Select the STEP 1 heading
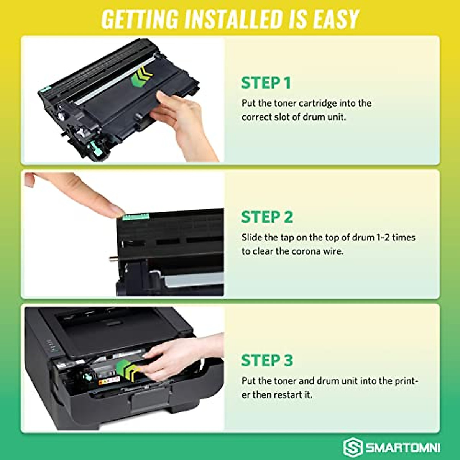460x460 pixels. tap(266, 83)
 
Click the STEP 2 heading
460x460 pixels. tap(267, 217)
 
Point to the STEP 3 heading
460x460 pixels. tap(267, 360)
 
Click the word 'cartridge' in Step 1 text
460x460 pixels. tap(318, 103)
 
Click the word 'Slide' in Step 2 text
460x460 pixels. tap(251, 238)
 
